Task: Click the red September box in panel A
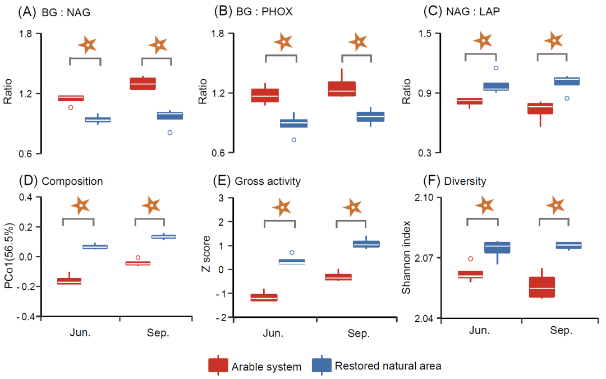(143, 83)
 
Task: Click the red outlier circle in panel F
(471, 259)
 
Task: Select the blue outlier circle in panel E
(292, 253)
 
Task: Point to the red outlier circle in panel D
(138, 258)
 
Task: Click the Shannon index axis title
(407, 258)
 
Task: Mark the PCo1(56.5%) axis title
(10, 258)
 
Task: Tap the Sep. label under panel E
(359, 334)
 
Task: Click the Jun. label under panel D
(80, 332)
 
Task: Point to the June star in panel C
(483, 40)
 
